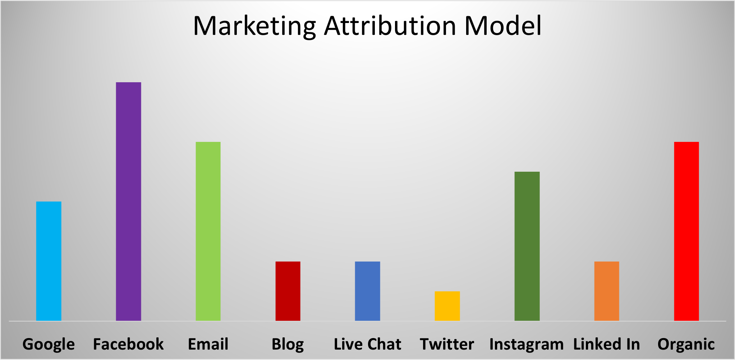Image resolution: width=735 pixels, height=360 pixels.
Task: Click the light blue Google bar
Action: (x=49, y=261)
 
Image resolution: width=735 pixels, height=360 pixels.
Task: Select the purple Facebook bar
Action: (x=128, y=201)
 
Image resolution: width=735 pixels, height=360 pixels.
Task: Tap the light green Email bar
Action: (x=208, y=231)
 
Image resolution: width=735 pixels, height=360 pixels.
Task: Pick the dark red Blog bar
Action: (x=288, y=291)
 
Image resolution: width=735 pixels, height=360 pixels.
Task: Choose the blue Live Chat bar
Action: (x=367, y=291)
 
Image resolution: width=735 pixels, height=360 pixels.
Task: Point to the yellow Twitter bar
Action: (x=447, y=306)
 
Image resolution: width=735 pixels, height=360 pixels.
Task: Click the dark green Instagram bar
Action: (x=527, y=246)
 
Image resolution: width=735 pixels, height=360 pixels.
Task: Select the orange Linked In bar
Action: (x=607, y=291)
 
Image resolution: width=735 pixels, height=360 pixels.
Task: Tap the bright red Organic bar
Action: (x=686, y=231)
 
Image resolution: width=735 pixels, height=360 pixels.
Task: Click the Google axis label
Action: (x=49, y=344)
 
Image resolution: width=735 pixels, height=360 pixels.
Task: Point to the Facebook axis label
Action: (x=128, y=344)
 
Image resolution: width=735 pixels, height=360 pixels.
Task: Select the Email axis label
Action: (x=208, y=344)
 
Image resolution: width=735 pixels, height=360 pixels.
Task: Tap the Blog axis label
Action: (x=288, y=344)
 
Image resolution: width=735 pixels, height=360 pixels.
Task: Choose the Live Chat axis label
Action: (x=367, y=344)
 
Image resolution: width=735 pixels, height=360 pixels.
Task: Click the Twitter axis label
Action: (x=447, y=344)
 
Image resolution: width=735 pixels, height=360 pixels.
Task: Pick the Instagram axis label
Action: (x=527, y=344)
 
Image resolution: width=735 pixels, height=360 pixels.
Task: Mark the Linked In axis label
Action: (x=607, y=344)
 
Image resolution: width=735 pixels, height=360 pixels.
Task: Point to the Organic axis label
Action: (x=686, y=344)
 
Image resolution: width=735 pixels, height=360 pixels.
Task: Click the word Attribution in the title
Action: (x=390, y=26)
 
